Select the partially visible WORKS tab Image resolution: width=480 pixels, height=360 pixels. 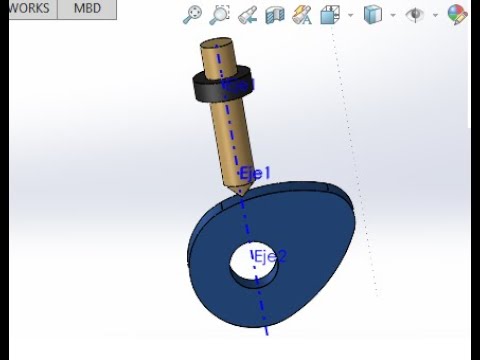click(x=28, y=8)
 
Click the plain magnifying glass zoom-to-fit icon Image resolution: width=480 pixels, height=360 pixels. click(x=193, y=14)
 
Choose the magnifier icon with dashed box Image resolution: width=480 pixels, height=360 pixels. click(x=220, y=14)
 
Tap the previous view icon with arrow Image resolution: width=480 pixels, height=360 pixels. click(x=247, y=14)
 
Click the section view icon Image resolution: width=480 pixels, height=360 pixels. click(x=275, y=14)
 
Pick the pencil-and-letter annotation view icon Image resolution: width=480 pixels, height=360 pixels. click(x=302, y=14)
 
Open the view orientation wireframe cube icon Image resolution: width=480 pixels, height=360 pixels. click(x=331, y=14)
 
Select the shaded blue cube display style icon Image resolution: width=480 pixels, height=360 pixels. click(x=372, y=14)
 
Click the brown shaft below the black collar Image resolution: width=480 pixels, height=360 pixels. click(x=229, y=140)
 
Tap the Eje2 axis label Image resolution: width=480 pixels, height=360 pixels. click(x=270, y=256)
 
